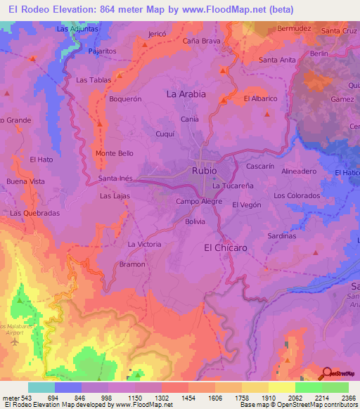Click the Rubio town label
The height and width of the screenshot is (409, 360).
203,170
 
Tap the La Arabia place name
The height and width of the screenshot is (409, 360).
186,93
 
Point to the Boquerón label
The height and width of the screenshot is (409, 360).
126,99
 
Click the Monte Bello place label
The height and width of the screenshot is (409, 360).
115,153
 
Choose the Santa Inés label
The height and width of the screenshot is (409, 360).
117,178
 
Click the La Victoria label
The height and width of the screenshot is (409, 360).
144,244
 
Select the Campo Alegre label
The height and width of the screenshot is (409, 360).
199,202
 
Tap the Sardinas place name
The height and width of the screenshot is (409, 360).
281,237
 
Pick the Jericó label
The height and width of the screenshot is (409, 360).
158,34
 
